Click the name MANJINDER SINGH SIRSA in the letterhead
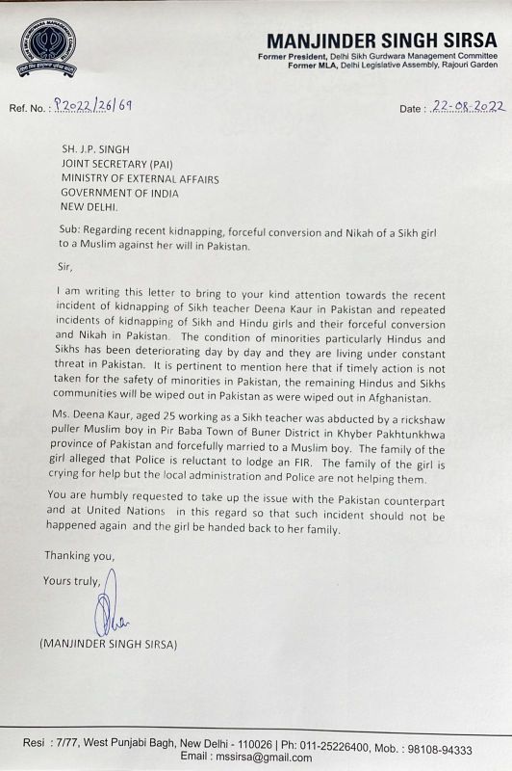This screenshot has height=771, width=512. [x=382, y=40]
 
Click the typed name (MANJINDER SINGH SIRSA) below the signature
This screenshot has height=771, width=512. [x=109, y=643]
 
